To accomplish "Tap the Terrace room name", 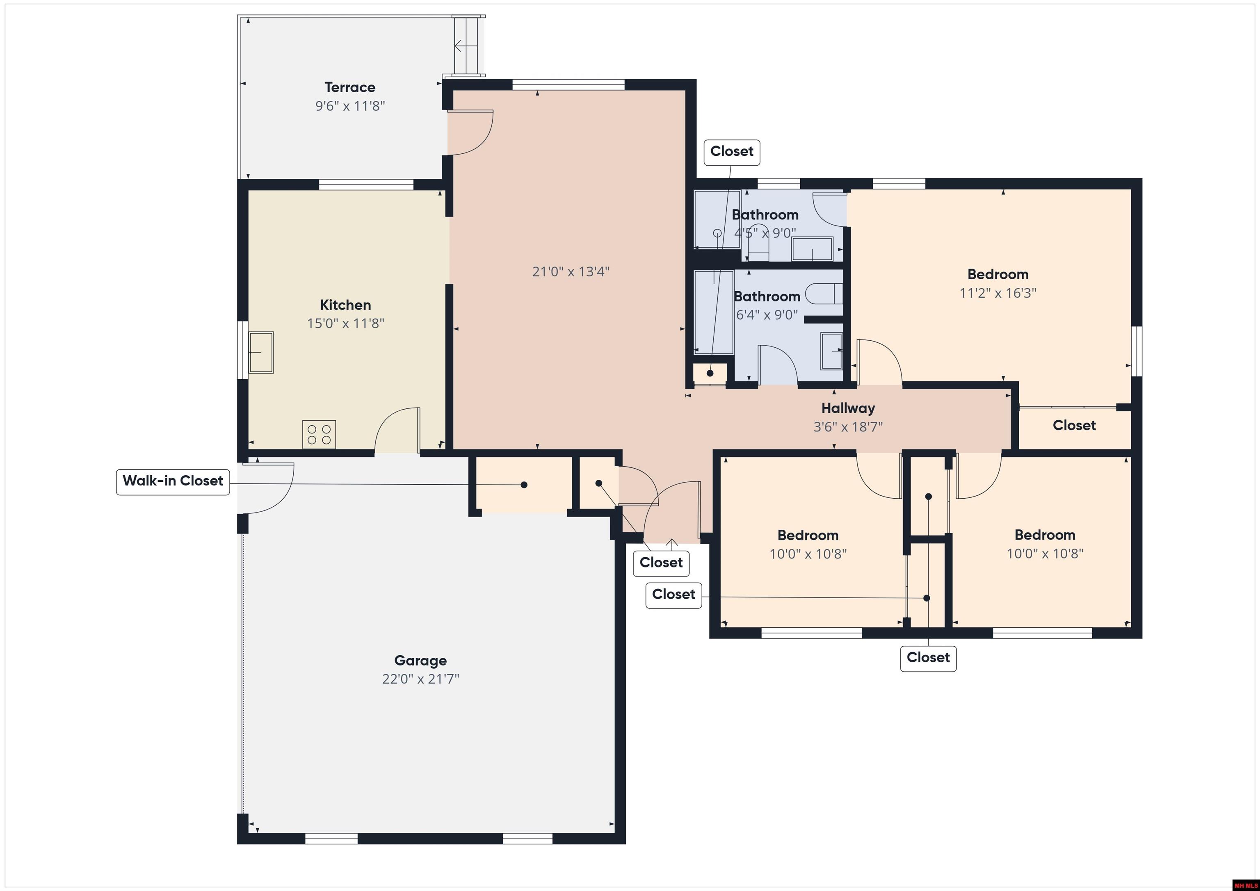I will pos(349,87).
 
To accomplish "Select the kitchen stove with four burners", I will pos(319,435).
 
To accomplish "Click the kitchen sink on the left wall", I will pos(262,352).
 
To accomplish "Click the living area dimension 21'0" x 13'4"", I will pos(571,271).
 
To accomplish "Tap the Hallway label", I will pos(848,408).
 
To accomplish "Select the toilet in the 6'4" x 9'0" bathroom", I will pos(823,294).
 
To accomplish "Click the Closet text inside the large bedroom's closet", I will pos(1074,425).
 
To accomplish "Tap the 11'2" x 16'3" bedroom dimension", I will pos(997,293).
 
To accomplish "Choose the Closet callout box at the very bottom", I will pos(928,658).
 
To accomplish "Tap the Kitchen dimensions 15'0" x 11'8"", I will pos(345,324).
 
